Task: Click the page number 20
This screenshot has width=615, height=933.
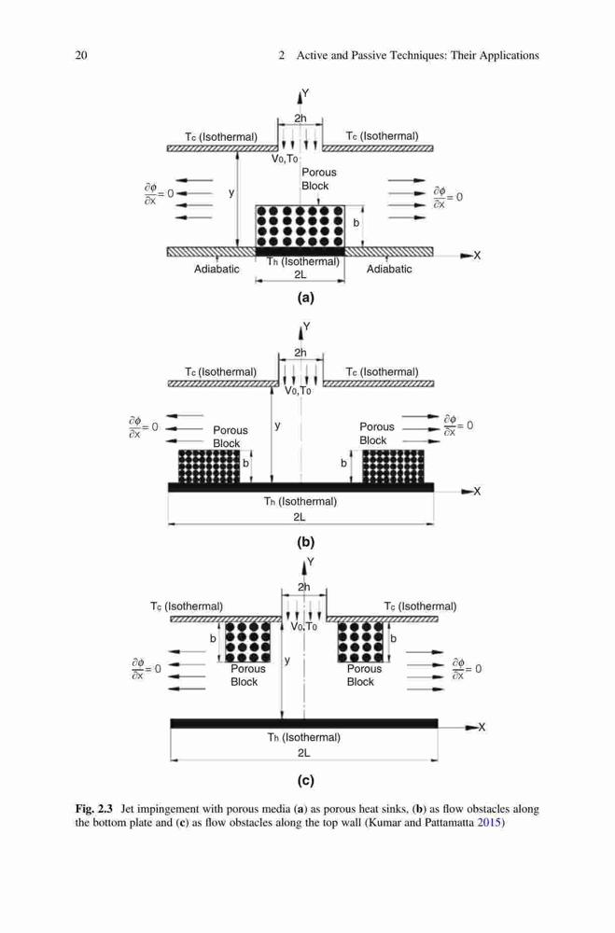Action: point(81,55)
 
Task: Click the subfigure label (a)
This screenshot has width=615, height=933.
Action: point(305,298)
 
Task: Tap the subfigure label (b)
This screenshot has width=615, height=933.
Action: point(305,542)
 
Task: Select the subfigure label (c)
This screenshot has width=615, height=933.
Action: point(305,780)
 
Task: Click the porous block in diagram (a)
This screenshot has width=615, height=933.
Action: point(301,226)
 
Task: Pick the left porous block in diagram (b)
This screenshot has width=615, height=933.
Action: point(209,466)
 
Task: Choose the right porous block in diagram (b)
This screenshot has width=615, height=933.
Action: point(393,466)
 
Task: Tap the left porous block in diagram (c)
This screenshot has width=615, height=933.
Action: point(247,642)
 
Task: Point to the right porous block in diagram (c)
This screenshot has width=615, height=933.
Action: point(360,642)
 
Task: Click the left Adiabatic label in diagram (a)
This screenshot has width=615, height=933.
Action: point(217,269)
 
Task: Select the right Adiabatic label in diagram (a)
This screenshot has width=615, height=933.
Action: point(389,269)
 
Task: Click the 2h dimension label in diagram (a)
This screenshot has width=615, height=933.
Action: point(301,118)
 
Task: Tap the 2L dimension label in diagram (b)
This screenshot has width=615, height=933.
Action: point(300,517)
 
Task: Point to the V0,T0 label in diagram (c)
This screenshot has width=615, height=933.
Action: point(303,627)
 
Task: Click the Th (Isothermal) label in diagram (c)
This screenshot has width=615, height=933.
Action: point(303,737)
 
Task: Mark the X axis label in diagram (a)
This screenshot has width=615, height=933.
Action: point(477,256)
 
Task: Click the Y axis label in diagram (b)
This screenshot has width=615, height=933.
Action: point(307,326)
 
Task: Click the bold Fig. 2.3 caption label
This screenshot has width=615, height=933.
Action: point(93,809)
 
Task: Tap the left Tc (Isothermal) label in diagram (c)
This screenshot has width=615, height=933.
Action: point(187,606)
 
